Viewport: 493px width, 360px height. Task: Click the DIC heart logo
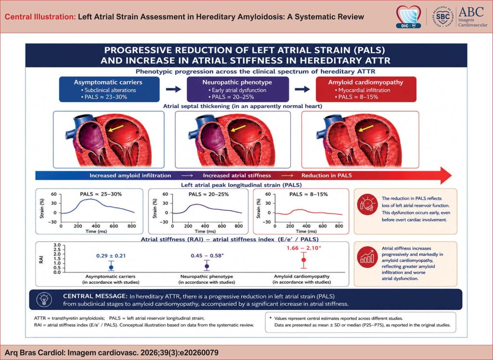[408, 16]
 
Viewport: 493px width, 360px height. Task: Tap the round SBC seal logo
[443, 16]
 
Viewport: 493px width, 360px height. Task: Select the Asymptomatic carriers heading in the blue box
[108, 82]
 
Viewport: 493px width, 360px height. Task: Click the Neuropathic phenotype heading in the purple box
[237, 82]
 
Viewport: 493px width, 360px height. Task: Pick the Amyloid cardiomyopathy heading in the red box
[366, 82]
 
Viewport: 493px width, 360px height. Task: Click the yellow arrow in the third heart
[366, 128]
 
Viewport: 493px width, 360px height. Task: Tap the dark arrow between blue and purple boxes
[173, 89]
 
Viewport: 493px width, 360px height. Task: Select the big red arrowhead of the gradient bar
[446, 175]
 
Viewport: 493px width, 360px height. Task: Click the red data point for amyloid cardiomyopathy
[304, 260]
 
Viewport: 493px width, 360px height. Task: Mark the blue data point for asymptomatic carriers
[111, 267]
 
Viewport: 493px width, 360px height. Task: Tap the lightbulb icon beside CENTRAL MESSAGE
[44, 300]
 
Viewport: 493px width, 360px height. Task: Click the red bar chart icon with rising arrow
[367, 257]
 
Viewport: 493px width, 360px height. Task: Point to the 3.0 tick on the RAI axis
[57, 245]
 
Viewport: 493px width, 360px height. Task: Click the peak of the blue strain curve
[91, 199]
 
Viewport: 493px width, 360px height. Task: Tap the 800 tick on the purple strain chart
[239, 226]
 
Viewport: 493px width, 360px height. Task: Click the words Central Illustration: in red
[40, 17]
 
